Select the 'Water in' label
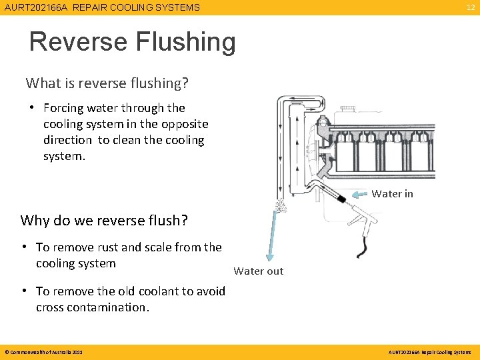click(392, 194)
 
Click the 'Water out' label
click(259, 271)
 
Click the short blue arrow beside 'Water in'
click(360, 195)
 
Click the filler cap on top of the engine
click(348, 108)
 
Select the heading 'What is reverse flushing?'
click(107, 83)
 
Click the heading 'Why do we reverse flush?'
click(104, 220)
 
